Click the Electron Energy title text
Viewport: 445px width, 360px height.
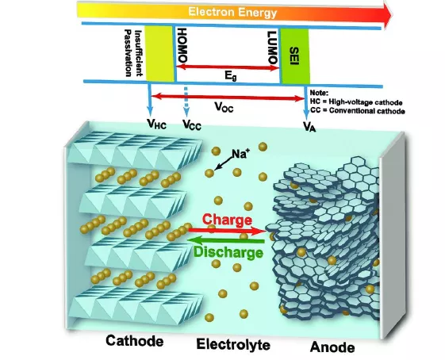click(x=232, y=13)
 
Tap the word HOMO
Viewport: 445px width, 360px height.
click(x=182, y=45)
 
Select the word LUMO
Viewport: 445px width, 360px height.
click(x=273, y=48)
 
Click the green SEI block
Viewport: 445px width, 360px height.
click(x=295, y=56)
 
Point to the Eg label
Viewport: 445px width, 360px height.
click(x=231, y=76)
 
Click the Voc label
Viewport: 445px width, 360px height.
click(x=224, y=107)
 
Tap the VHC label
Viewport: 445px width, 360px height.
click(x=156, y=124)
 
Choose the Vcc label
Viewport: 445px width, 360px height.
click(x=192, y=124)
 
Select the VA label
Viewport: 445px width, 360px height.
click(x=309, y=126)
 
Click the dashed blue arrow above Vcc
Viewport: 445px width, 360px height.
click(x=186, y=101)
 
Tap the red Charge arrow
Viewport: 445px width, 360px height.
click(x=227, y=231)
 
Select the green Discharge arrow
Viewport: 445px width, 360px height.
click(x=226, y=241)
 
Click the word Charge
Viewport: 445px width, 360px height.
click(x=228, y=220)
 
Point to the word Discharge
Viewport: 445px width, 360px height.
click(x=228, y=252)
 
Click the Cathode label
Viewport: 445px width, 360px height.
click(x=135, y=341)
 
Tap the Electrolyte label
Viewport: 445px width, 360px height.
click(x=233, y=344)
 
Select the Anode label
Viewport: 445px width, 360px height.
click(x=332, y=347)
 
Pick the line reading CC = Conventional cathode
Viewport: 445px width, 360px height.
click(x=358, y=111)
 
